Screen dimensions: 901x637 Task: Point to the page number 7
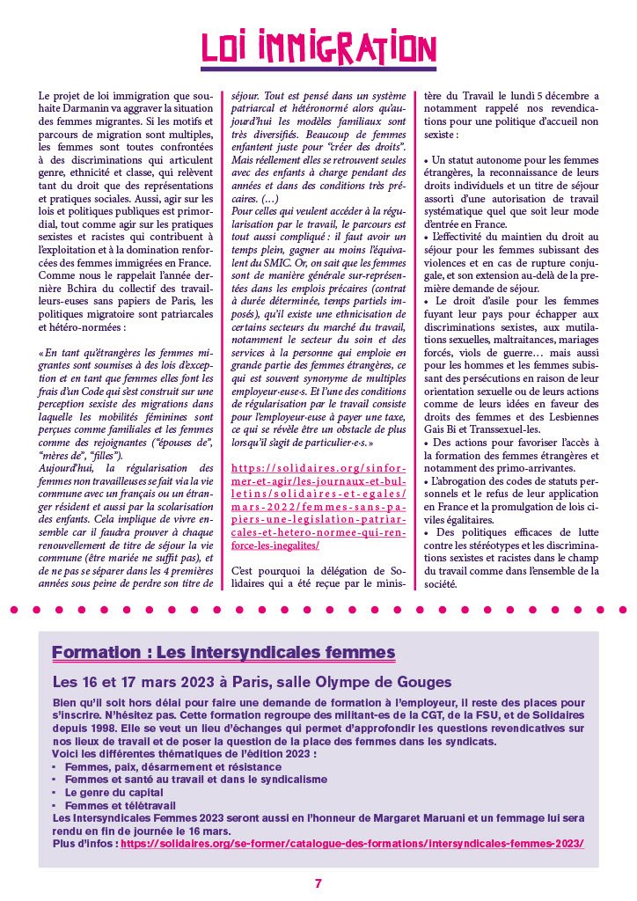pos(318,883)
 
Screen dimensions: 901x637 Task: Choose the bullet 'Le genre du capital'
pos(107,792)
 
